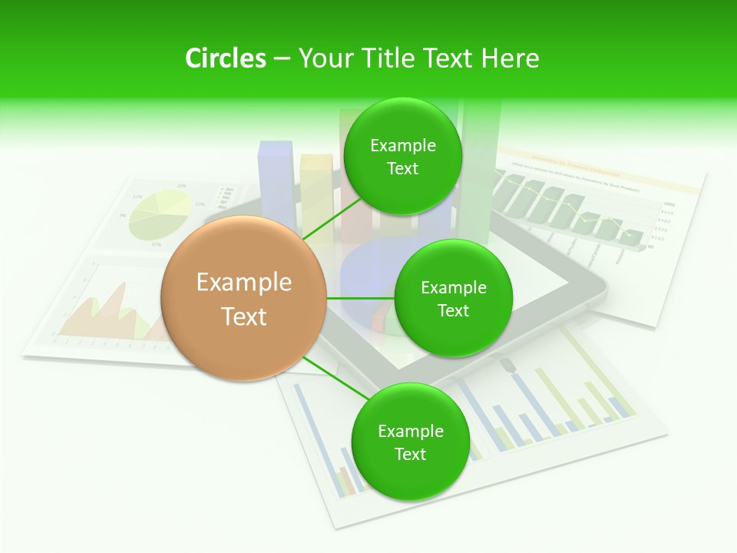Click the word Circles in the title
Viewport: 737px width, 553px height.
click(x=226, y=58)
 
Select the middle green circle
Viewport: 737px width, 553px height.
click(x=453, y=299)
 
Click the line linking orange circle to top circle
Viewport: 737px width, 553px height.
click(x=332, y=217)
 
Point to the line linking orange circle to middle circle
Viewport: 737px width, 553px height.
click(x=360, y=298)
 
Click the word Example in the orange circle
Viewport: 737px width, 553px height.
click(x=244, y=283)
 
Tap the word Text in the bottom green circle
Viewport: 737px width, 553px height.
click(x=410, y=455)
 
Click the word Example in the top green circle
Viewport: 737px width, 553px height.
click(x=403, y=146)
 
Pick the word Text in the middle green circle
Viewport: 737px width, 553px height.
click(x=453, y=311)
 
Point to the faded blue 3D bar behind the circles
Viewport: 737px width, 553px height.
click(x=276, y=177)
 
